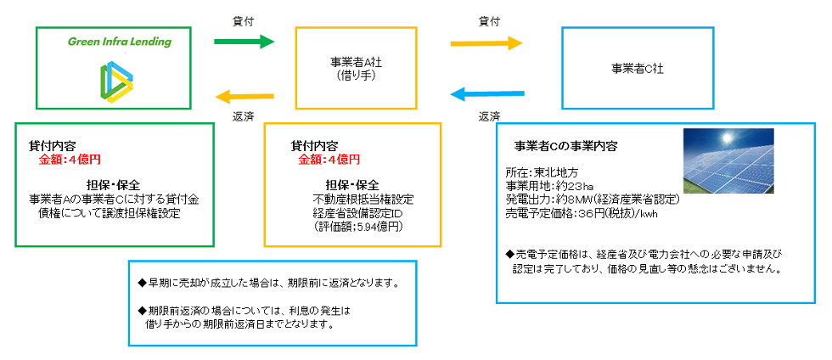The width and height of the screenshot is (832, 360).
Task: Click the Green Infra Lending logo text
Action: pos(119,42)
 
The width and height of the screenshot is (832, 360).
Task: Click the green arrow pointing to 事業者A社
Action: pos(244,41)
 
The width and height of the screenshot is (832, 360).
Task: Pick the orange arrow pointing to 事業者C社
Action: pos(486,41)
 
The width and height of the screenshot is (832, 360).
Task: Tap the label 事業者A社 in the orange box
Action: pos(356,62)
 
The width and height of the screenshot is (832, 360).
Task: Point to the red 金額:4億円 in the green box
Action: pos(70,159)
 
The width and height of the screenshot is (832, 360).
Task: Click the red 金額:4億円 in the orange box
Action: pos(329,159)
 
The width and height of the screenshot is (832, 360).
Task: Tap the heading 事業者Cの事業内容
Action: pos(566,145)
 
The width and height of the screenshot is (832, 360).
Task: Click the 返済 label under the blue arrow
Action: pos(488,116)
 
